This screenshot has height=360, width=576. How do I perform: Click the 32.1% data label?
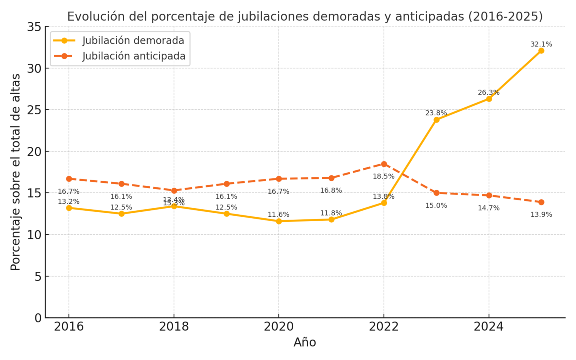pyautogui.click(x=541, y=44)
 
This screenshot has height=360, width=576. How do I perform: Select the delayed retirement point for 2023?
pyautogui.click(x=436, y=120)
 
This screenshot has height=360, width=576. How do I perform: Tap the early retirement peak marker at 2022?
pyautogui.click(x=384, y=164)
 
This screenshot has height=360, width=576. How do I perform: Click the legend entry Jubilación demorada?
pyautogui.click(x=133, y=41)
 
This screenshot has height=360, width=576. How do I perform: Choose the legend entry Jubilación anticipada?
pyautogui.click(x=134, y=56)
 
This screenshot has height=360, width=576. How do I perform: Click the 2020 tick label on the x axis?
pyautogui.click(x=279, y=327)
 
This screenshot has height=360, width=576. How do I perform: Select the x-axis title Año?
pyautogui.click(x=305, y=343)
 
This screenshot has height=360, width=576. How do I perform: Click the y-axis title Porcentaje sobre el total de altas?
pyautogui.click(x=16, y=172)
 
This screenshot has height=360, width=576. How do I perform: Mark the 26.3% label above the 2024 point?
pyautogui.click(x=488, y=93)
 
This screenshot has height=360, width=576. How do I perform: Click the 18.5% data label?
pyautogui.click(x=383, y=176)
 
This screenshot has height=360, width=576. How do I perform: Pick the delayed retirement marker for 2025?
pyautogui.click(x=541, y=51)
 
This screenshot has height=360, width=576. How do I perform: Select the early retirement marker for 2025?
pyautogui.click(x=541, y=202)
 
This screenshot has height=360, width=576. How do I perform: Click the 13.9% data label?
pyautogui.click(x=541, y=215)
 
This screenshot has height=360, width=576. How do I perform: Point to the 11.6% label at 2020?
pyautogui.click(x=278, y=215)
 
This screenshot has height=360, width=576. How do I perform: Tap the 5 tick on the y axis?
pyautogui.click(x=38, y=276)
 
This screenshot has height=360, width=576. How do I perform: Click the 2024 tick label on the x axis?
pyautogui.click(x=488, y=327)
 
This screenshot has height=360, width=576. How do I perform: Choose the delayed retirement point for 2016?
pyautogui.click(x=69, y=208)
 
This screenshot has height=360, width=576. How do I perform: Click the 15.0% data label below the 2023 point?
pyautogui.click(x=436, y=205)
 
